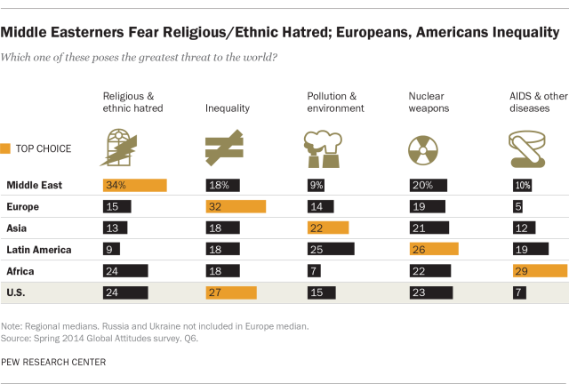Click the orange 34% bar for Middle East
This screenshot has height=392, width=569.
click(134, 185)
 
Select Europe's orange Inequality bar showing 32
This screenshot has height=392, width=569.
click(235, 206)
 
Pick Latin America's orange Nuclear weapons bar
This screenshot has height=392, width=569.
click(433, 249)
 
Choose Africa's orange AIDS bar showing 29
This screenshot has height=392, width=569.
click(539, 270)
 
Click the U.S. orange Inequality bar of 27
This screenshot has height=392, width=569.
click(230, 292)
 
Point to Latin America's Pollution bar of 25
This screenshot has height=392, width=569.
click(330, 249)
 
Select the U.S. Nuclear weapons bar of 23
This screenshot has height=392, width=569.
click(430, 292)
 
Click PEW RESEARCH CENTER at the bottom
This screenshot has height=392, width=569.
click(53, 362)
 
